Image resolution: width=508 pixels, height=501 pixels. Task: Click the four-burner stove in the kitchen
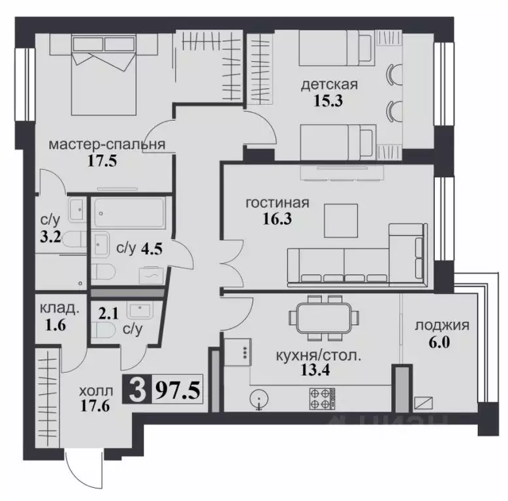pos(320,398)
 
